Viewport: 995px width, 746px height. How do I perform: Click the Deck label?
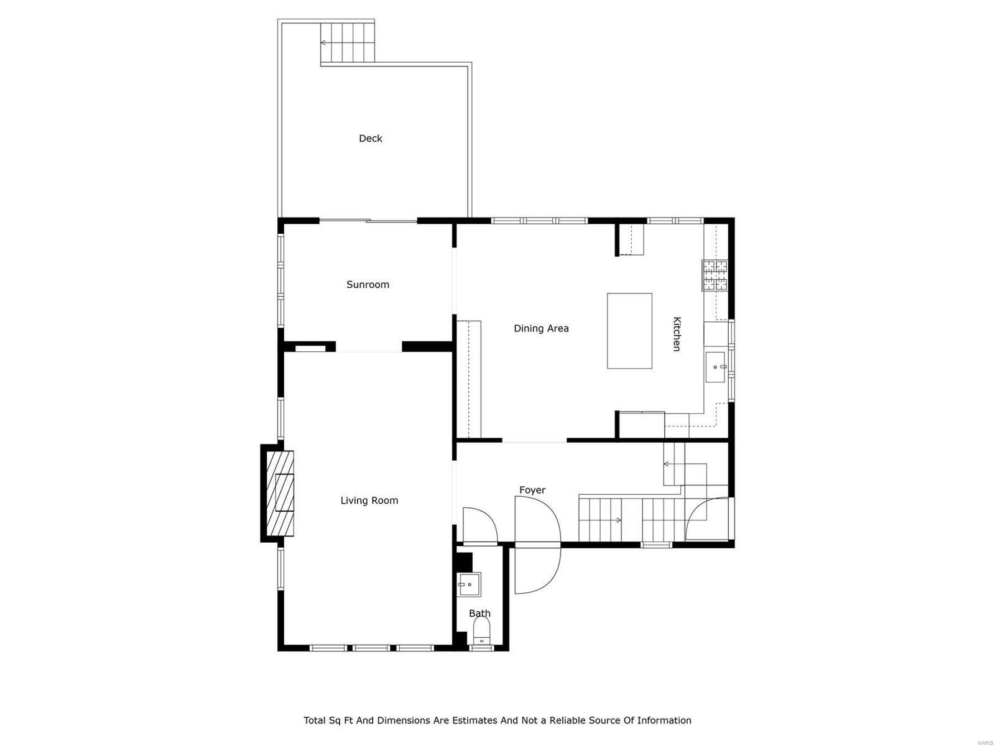(370, 139)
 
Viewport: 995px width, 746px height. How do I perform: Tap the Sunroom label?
(368, 285)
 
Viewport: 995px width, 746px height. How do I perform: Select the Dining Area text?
(541, 328)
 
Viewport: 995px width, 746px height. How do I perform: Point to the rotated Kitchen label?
(677, 334)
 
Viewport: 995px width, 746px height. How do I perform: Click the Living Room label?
(369, 500)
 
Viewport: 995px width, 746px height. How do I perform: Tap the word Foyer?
(532, 490)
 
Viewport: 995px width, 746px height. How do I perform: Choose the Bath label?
(479, 614)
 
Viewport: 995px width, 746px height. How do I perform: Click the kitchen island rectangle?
(629, 331)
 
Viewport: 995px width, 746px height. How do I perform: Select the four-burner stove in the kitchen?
(715, 275)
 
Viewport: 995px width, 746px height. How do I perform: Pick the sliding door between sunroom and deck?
(368, 220)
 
